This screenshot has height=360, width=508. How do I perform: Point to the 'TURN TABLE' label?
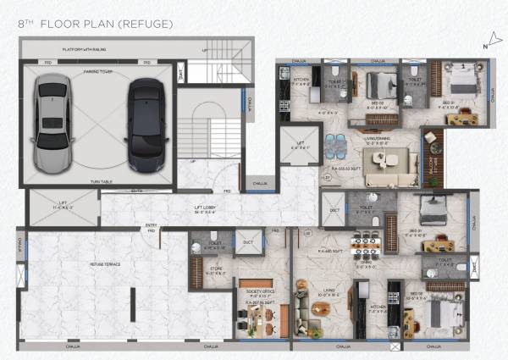tap(100, 181)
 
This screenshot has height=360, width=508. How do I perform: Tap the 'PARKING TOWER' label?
tap(99, 72)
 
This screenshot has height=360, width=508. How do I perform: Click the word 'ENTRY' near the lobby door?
tap(151, 225)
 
